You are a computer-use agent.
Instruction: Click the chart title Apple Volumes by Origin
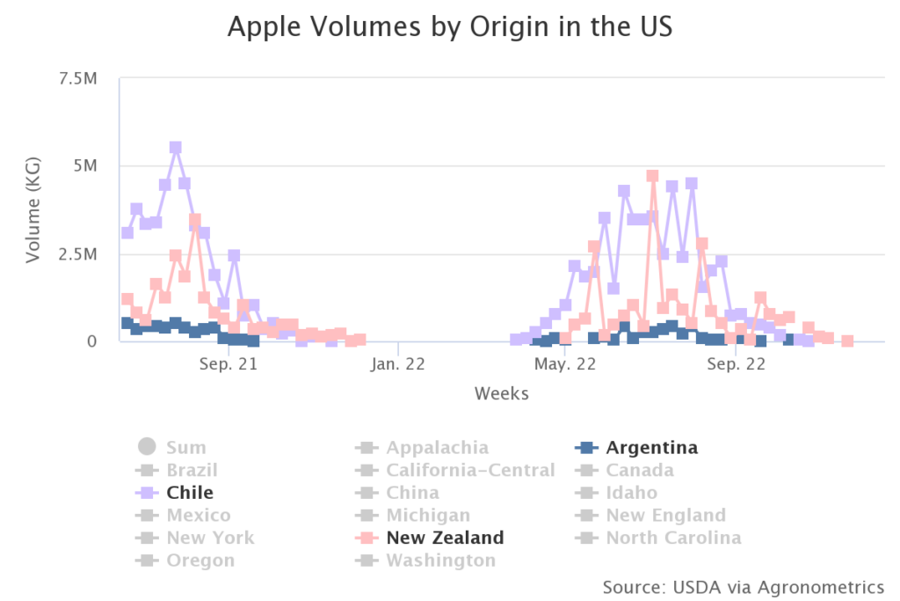[x=449, y=27]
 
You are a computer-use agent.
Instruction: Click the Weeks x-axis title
[x=502, y=393]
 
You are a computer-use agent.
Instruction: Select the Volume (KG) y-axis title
[x=34, y=209]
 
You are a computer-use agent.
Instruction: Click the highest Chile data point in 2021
[x=176, y=148]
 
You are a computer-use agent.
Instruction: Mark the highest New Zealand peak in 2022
[x=652, y=176]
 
